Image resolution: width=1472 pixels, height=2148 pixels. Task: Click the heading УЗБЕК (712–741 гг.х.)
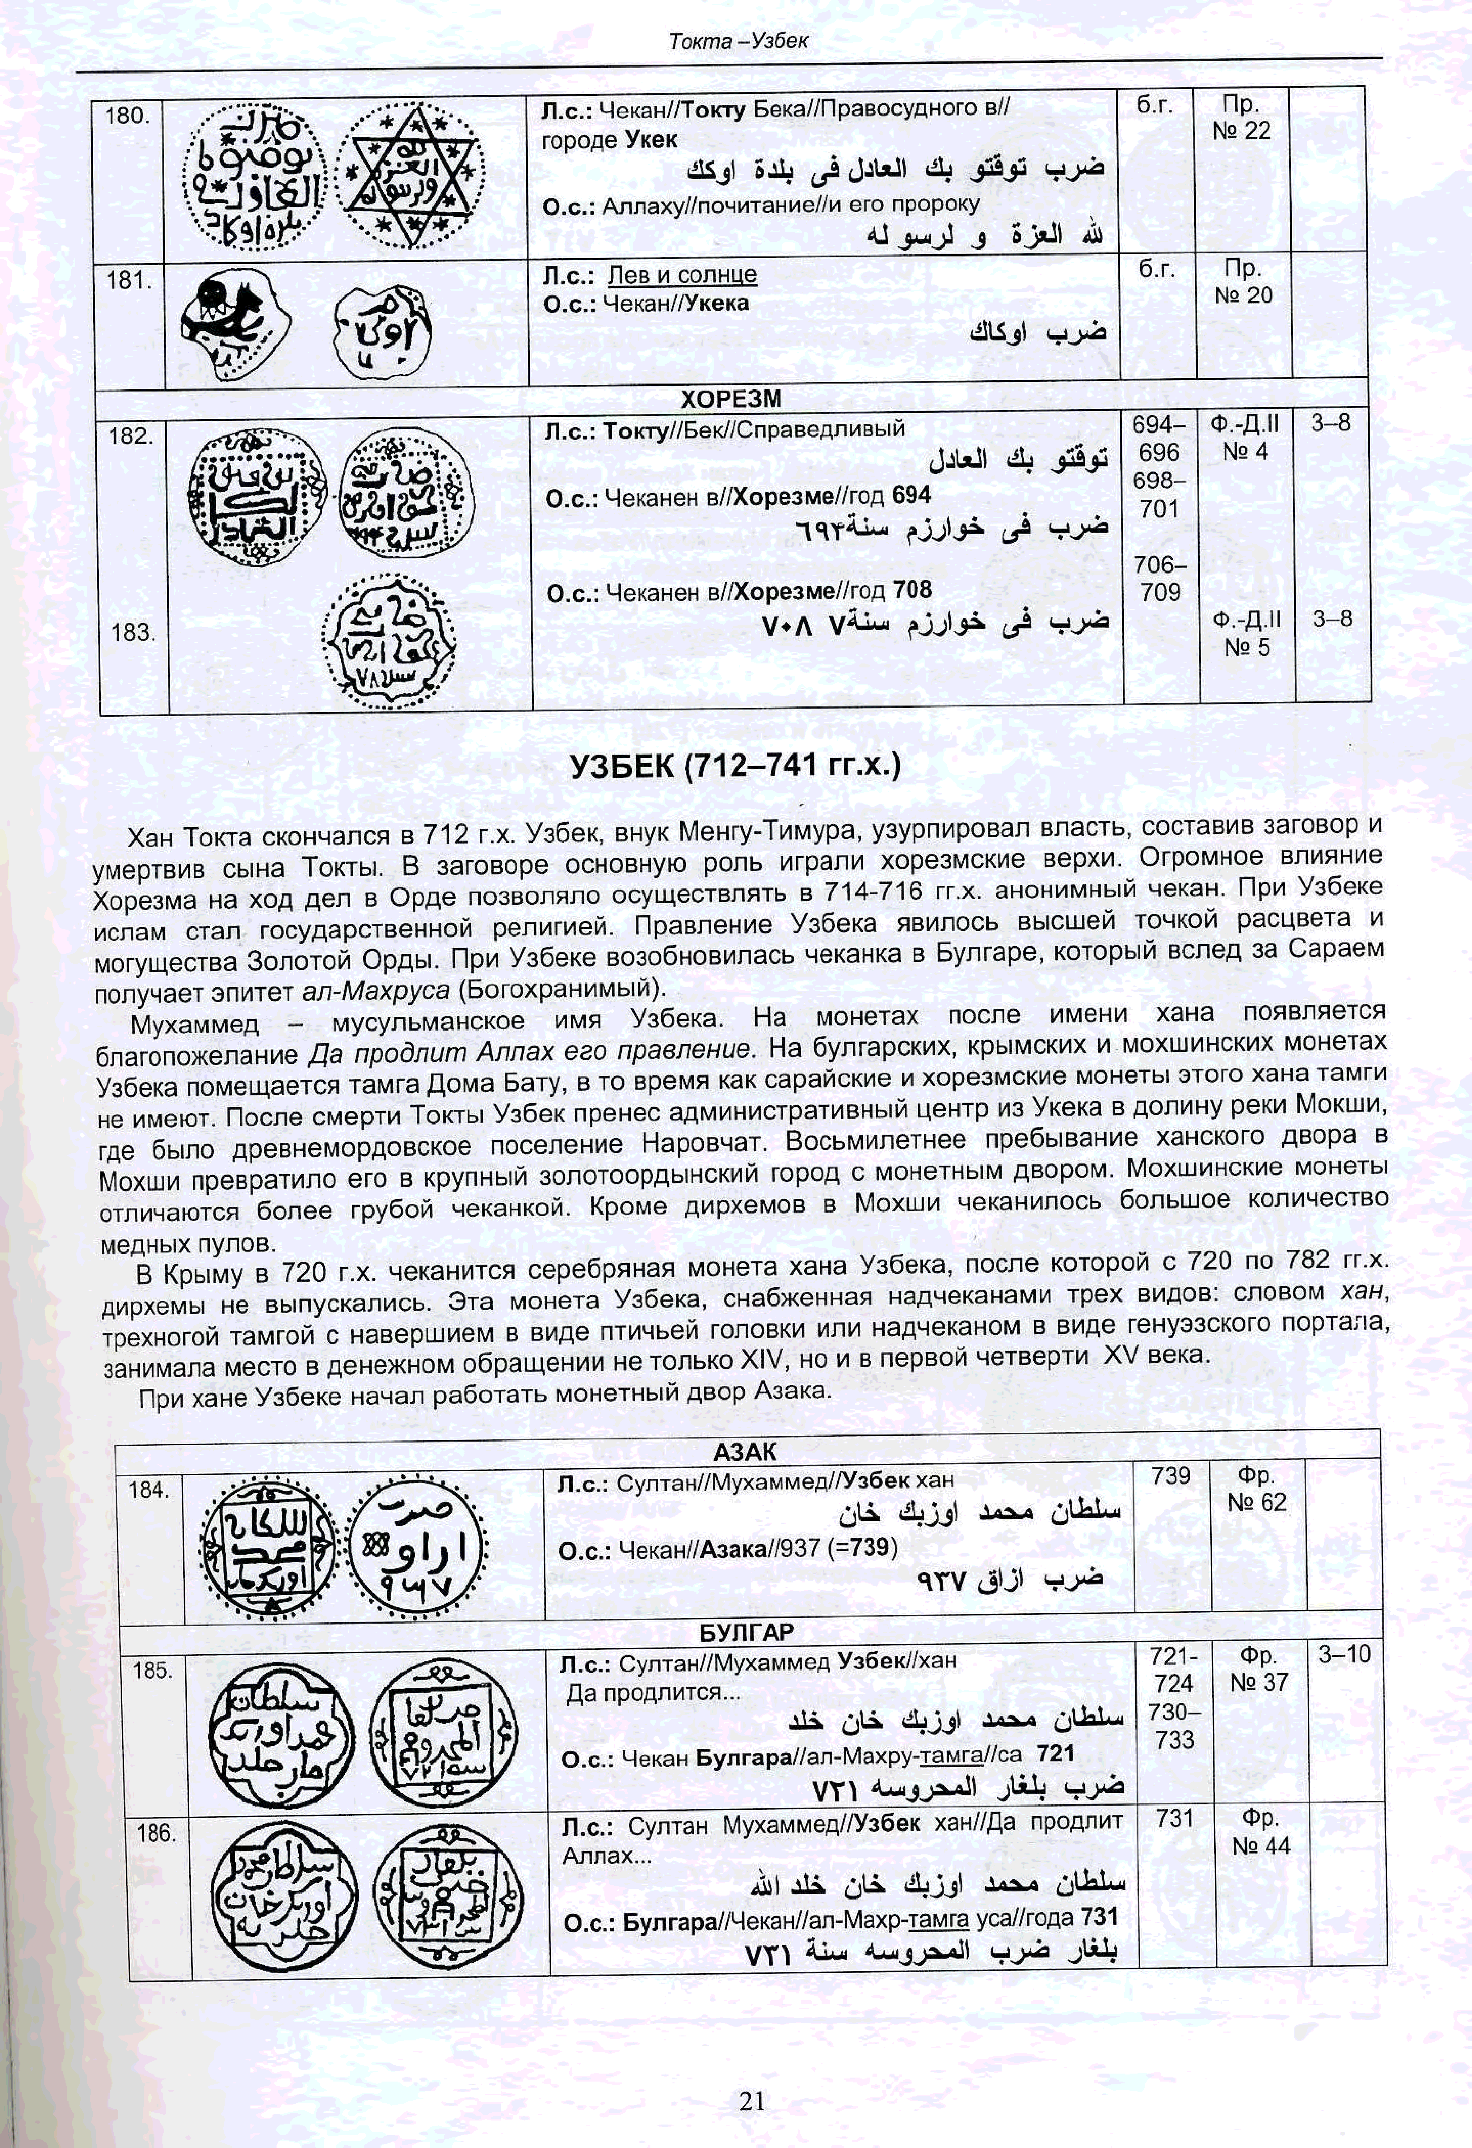click(735, 765)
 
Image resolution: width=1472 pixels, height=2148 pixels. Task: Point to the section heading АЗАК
click(745, 1451)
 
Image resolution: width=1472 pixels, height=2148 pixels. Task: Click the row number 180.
click(127, 116)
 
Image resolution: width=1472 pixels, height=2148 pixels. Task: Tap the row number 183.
click(132, 633)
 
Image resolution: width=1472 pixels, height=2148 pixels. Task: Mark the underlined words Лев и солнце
click(682, 275)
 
